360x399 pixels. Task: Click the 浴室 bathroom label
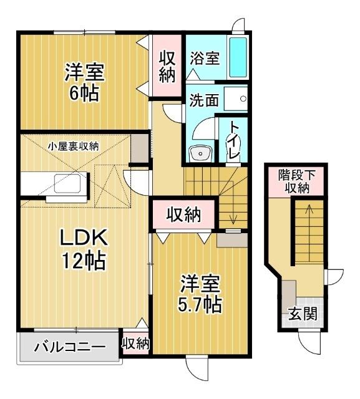205,58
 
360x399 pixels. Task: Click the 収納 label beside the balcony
135,342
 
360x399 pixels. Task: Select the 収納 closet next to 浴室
167,65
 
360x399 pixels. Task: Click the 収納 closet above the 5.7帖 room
183,216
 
